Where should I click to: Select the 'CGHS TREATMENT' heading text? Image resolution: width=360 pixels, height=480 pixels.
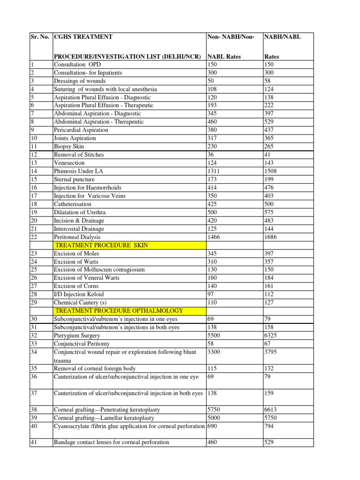pyautogui.click(x=83, y=37)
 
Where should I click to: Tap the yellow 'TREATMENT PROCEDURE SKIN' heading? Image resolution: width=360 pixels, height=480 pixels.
pyautogui.click(x=102, y=245)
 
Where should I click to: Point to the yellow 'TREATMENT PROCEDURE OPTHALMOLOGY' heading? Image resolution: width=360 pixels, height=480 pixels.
pyautogui.click(x=119, y=311)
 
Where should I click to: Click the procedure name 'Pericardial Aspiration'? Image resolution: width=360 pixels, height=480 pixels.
pyautogui.click(x=81, y=130)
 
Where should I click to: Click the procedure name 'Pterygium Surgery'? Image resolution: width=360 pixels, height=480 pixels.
pyautogui.click(x=76, y=336)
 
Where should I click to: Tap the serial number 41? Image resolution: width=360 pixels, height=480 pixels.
pyautogui.click(x=34, y=442)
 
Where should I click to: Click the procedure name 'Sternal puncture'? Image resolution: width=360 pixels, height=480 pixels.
pyautogui.click(x=74, y=180)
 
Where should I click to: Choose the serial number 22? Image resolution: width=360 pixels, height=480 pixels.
pyautogui.click(x=34, y=237)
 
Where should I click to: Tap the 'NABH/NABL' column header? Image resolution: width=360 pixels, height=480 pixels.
pyautogui.click(x=283, y=37)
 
